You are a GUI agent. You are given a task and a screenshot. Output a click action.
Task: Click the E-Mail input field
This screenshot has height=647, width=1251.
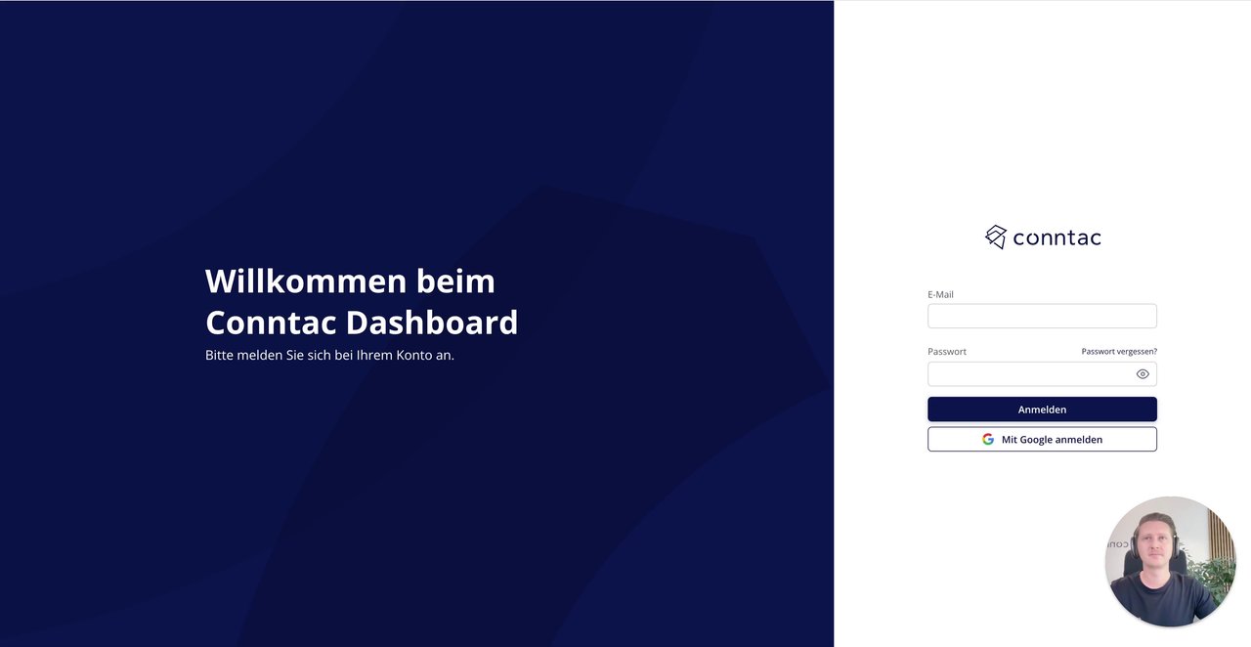click(x=1042, y=317)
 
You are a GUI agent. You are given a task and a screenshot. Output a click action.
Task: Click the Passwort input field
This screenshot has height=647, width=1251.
click(x=1030, y=373)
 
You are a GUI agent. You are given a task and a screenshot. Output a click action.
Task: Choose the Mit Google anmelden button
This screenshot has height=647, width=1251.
click(x=1042, y=439)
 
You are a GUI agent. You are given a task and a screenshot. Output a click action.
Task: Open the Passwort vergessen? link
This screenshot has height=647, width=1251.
click(x=1119, y=352)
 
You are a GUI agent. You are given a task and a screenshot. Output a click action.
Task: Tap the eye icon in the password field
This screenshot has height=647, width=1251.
click(x=1143, y=374)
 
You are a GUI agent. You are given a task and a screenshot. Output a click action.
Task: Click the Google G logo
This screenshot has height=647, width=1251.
click(x=988, y=439)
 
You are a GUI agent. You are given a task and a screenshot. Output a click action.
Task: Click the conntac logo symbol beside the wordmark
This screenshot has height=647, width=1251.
click(x=996, y=237)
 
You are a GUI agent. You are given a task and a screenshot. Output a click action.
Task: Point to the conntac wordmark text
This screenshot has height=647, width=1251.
click(x=1057, y=238)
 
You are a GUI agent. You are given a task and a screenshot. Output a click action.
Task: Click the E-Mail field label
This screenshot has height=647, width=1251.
click(x=940, y=294)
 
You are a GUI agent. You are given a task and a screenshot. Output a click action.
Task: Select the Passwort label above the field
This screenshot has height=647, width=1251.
click(x=947, y=352)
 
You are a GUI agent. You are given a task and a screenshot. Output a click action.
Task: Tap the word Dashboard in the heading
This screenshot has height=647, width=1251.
click(x=432, y=323)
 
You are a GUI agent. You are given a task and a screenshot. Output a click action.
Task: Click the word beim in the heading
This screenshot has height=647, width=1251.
click(x=455, y=280)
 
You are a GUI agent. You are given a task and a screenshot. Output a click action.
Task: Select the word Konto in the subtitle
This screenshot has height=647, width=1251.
click(x=413, y=356)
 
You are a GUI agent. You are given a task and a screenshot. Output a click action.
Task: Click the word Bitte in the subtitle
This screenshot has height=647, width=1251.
click(x=220, y=356)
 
